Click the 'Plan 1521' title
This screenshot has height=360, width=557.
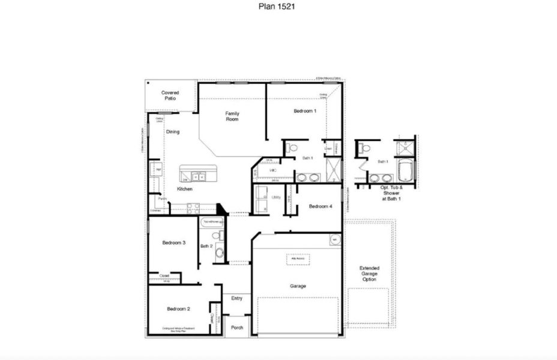(278, 7)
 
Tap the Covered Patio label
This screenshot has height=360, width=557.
(170, 95)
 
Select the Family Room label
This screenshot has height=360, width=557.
(232, 116)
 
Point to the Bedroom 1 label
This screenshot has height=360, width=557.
(305, 111)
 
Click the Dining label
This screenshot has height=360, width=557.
(173, 132)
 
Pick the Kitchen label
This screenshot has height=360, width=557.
(184, 189)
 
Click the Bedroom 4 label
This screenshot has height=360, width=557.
(320, 206)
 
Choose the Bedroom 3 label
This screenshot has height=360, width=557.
(173, 242)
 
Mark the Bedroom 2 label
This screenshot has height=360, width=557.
(178, 308)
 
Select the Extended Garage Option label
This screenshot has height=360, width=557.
(369, 274)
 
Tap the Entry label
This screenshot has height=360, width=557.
(236, 298)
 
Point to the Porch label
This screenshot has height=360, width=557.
(237, 327)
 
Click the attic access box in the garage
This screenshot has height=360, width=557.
(298, 259)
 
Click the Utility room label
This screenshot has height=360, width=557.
(276, 197)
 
